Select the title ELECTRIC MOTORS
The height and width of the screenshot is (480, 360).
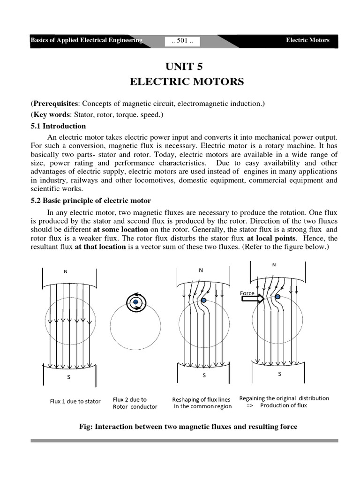coord(180,82)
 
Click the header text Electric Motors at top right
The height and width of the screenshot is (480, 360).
coord(307,40)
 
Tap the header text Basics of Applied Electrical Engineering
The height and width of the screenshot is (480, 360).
coord(86,40)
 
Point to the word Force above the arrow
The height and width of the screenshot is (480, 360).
coord(247,293)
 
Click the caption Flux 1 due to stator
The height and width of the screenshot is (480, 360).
coord(75,401)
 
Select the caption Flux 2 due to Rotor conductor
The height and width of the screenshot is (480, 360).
coord(135,403)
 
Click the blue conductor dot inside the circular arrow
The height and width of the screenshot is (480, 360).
coord(135,303)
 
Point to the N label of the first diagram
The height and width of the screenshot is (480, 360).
coord(66,271)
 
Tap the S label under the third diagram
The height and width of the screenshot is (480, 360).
coord(204,375)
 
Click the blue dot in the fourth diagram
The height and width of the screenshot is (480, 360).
coord(278,297)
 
